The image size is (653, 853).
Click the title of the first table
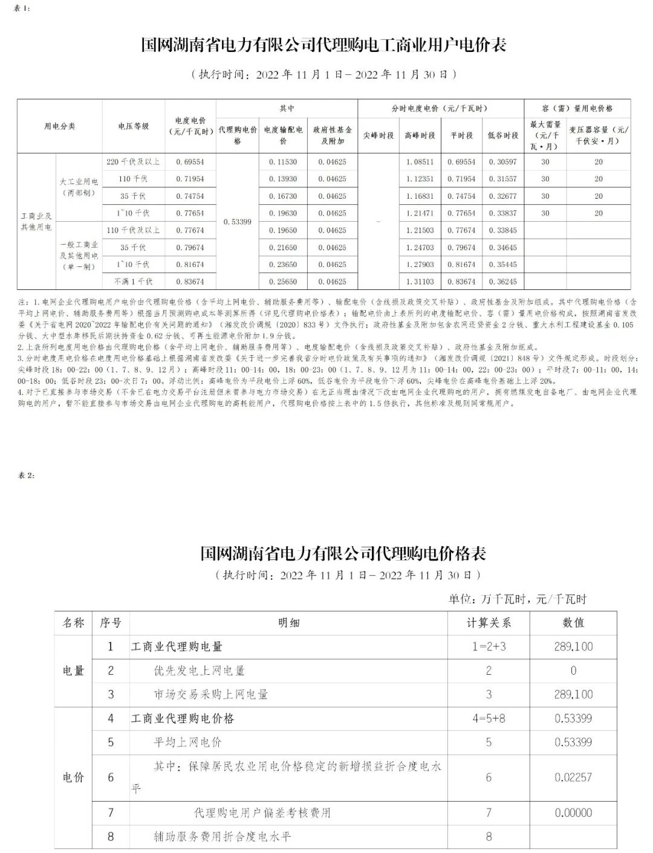pos(323,45)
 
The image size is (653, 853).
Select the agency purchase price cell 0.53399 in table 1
pos(238,222)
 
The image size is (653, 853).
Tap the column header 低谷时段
pos(503,135)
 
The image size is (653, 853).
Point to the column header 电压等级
pos(133,126)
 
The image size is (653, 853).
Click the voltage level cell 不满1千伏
pos(133,282)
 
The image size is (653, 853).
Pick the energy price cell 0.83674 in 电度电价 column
pos(190,282)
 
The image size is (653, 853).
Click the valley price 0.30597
pos(503,162)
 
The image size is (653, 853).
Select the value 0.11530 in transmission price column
pos(283,162)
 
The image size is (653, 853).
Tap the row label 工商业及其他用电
pos(36,222)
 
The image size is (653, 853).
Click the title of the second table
pos(343,553)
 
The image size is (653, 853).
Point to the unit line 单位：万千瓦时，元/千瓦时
pos(517,599)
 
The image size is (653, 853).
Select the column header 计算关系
pos(489,623)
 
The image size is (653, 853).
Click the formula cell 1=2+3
pos(489,646)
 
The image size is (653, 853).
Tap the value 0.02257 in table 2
pos(573,777)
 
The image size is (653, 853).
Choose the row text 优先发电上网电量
pos(199,671)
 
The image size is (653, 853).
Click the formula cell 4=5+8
pos(489,718)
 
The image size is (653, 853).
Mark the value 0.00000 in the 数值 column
pos(573,813)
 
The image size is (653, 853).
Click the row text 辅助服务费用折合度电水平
pos(223,837)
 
